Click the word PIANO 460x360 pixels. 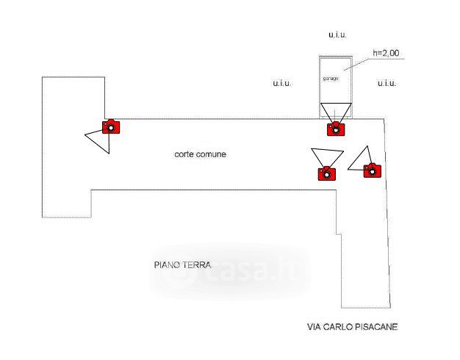(x=167, y=265)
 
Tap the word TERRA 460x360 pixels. (x=197, y=265)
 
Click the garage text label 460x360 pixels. (x=331, y=78)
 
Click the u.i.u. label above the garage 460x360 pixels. (x=337, y=34)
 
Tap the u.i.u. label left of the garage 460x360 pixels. (x=281, y=84)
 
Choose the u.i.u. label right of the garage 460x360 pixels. (x=387, y=84)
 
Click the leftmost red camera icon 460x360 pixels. (x=110, y=126)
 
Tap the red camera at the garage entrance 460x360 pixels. (x=335, y=129)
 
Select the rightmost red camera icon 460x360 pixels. (x=373, y=170)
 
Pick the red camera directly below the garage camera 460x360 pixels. (x=326, y=173)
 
